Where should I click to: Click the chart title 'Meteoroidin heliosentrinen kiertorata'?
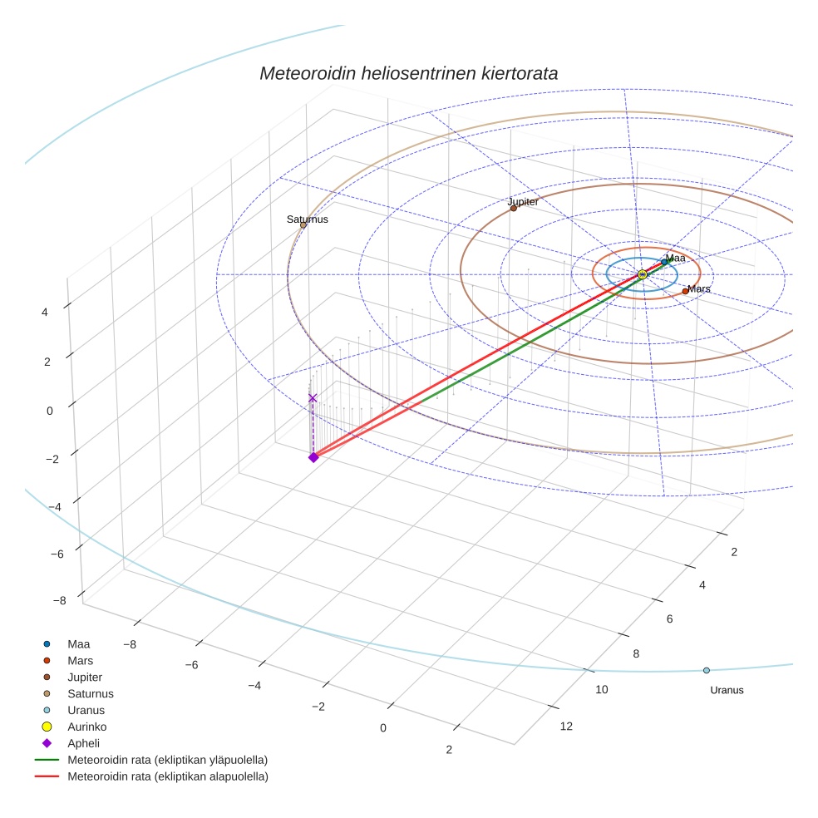click(x=408, y=73)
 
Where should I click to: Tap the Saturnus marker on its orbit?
click(x=303, y=225)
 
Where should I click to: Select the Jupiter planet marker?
click(x=514, y=208)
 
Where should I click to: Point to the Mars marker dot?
click(x=685, y=291)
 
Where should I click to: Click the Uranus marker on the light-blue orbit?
click(x=707, y=670)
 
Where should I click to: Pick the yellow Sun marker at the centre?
click(x=642, y=274)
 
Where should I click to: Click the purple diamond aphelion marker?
click(x=313, y=457)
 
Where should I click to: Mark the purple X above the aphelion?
click(x=313, y=398)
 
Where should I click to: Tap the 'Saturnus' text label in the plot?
click(x=308, y=219)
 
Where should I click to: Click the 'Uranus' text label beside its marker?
click(x=727, y=690)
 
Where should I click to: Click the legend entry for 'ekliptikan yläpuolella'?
click(x=167, y=760)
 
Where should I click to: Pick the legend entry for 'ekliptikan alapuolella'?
click(x=167, y=776)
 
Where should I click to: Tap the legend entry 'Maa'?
click(x=79, y=643)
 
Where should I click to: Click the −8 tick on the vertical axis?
click(x=59, y=600)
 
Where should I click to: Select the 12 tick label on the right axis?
click(x=566, y=727)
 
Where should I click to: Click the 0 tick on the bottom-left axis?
click(x=383, y=728)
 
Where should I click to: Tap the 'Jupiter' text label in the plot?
click(x=523, y=202)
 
